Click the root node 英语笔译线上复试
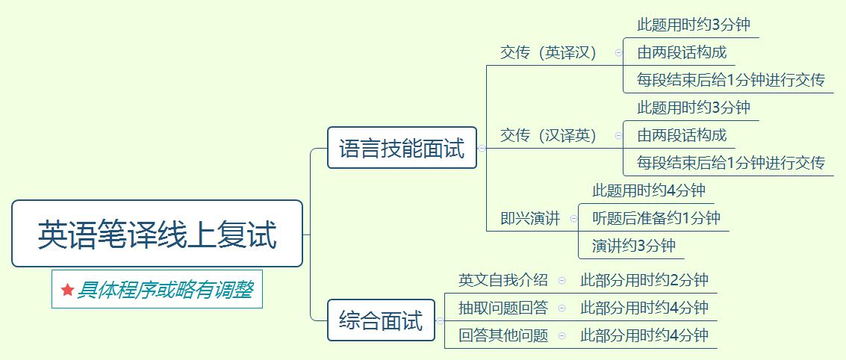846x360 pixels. pyautogui.click(x=157, y=234)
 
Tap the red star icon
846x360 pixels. pyautogui.click(x=67, y=290)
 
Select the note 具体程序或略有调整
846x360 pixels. pyautogui.click(x=164, y=290)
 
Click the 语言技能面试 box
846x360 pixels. pyautogui.click(x=402, y=148)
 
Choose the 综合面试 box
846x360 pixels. pyautogui.click(x=381, y=320)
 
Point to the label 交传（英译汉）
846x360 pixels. pyautogui.click(x=548, y=53)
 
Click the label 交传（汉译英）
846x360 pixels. pyautogui.click(x=548, y=135)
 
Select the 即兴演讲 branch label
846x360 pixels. pyautogui.click(x=529, y=219)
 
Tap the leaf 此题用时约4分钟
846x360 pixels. pyautogui.click(x=648, y=190)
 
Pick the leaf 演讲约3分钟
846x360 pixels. pyautogui.click(x=633, y=246)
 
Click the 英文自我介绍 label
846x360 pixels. pyautogui.click(x=503, y=280)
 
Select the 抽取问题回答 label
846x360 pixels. pyautogui.click(x=503, y=308)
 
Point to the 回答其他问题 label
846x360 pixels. pyautogui.click(x=503, y=335)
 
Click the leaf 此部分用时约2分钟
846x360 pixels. pyautogui.click(x=644, y=280)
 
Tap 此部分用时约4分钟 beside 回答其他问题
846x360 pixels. pyautogui.click(x=644, y=335)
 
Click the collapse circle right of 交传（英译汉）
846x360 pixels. pyautogui.click(x=618, y=53)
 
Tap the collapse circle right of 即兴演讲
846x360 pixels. pyautogui.click(x=573, y=219)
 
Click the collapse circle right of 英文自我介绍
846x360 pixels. pyautogui.click(x=562, y=280)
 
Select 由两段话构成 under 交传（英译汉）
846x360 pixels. pyautogui.click(x=681, y=52)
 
